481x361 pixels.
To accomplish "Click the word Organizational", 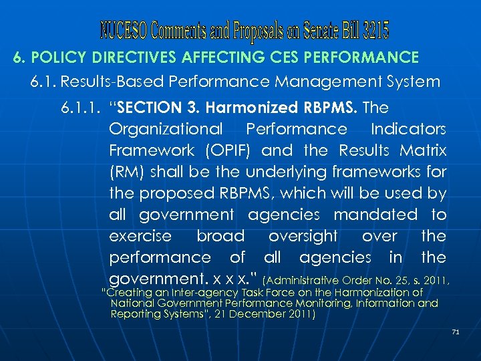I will point(165,129).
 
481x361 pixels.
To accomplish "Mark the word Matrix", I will point(422,150).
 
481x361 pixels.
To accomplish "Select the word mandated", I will point(375,215).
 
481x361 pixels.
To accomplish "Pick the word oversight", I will point(303,236).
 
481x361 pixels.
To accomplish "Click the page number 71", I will point(456,331).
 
